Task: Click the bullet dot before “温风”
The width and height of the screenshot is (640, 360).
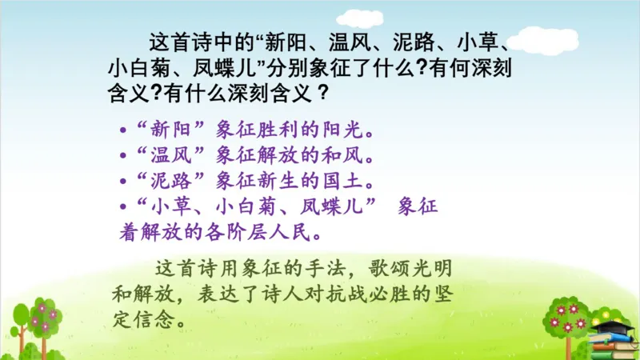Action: pyautogui.click(x=122, y=154)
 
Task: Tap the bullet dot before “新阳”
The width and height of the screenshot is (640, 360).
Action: pyautogui.click(x=122, y=130)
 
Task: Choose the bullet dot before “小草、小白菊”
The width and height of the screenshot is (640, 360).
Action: pyautogui.click(x=122, y=206)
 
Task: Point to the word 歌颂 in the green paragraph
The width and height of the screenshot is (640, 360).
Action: pyautogui.click(x=398, y=268)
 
